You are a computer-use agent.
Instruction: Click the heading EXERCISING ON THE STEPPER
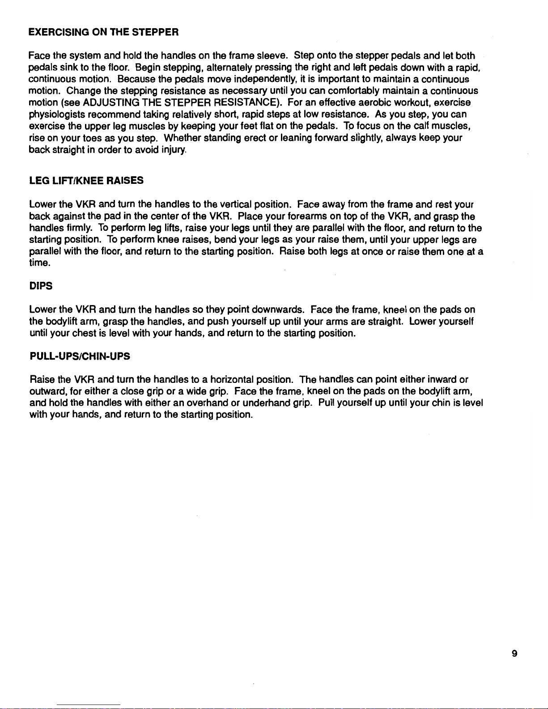pos(103,32)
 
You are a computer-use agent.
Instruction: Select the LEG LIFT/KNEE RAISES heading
pos(86,181)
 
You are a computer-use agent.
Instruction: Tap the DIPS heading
pos(41,286)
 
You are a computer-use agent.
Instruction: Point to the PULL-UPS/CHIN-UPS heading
pos(80,357)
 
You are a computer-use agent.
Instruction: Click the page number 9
pos(514,654)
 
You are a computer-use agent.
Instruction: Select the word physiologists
pos(58,115)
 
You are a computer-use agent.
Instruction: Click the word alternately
pos(227,68)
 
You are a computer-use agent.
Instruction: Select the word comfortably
pos(354,91)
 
